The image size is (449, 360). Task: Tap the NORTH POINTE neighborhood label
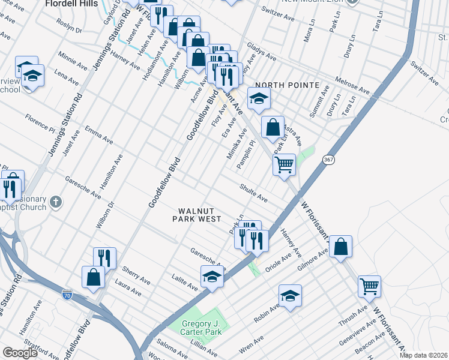pos(287,85)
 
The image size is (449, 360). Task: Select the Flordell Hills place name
pos(72,3)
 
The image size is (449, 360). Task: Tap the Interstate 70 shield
pos(67,295)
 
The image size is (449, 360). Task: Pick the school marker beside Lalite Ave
pos(211,277)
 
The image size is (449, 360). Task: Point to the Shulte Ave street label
pos(253,191)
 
